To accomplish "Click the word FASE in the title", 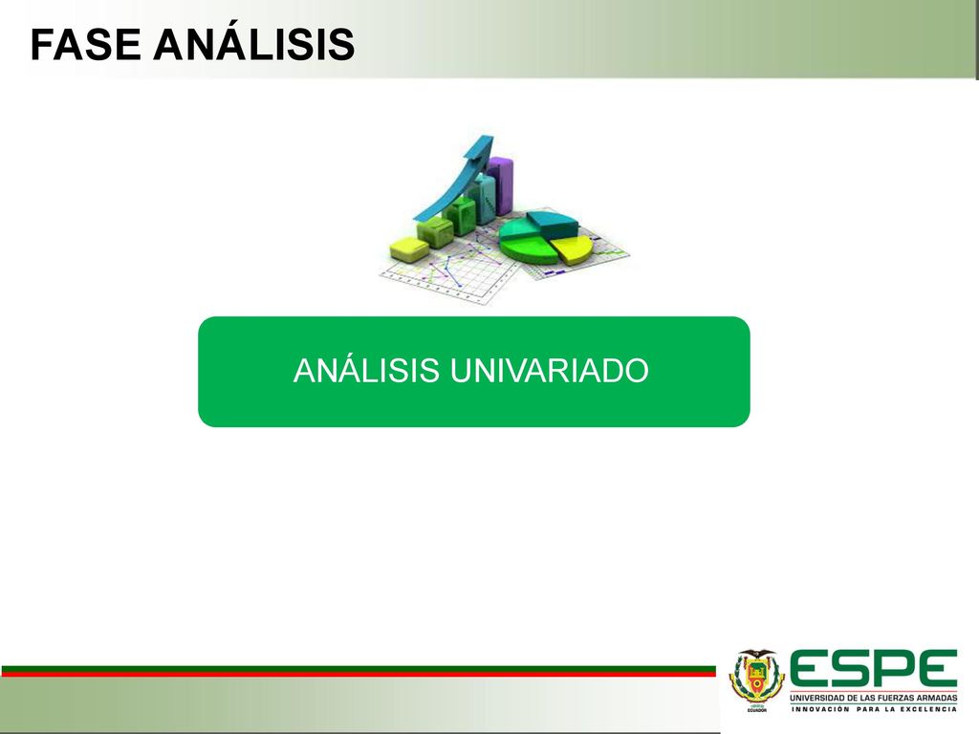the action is pos(85,44).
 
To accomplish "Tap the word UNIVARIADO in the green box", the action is pos(550,370).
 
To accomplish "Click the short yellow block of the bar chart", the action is pos(409,249).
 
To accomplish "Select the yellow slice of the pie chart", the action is pos(572,248).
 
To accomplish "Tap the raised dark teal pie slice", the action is pos(551,224).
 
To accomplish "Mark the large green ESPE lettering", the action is pos(874,668).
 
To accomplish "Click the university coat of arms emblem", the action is pos(756,678).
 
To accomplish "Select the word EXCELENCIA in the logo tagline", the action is pos(928,709).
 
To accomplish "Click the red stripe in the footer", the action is pos(359,674).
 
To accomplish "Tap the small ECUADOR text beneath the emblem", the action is pos(757,710).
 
